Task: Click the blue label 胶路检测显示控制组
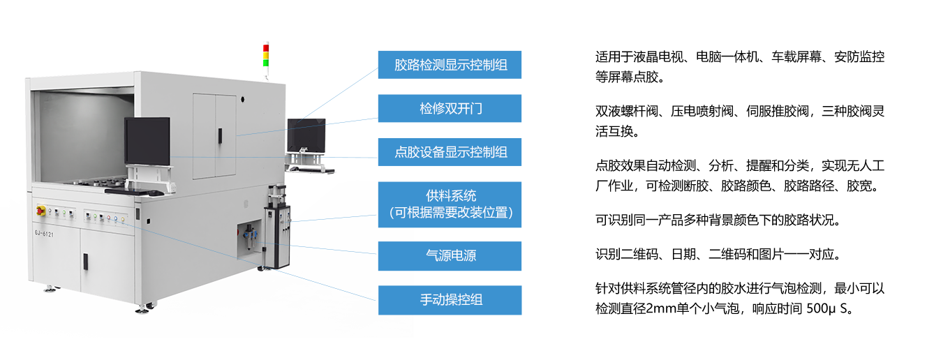click(450, 65)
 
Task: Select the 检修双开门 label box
click(450, 109)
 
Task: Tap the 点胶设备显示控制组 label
click(450, 152)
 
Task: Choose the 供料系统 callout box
click(450, 204)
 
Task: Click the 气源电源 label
click(450, 256)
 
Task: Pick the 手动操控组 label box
click(450, 300)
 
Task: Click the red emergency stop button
click(40, 209)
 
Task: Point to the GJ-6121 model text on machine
click(44, 234)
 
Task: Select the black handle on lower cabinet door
click(85, 261)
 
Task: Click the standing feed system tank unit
click(276, 234)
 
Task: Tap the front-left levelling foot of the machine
click(49, 287)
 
